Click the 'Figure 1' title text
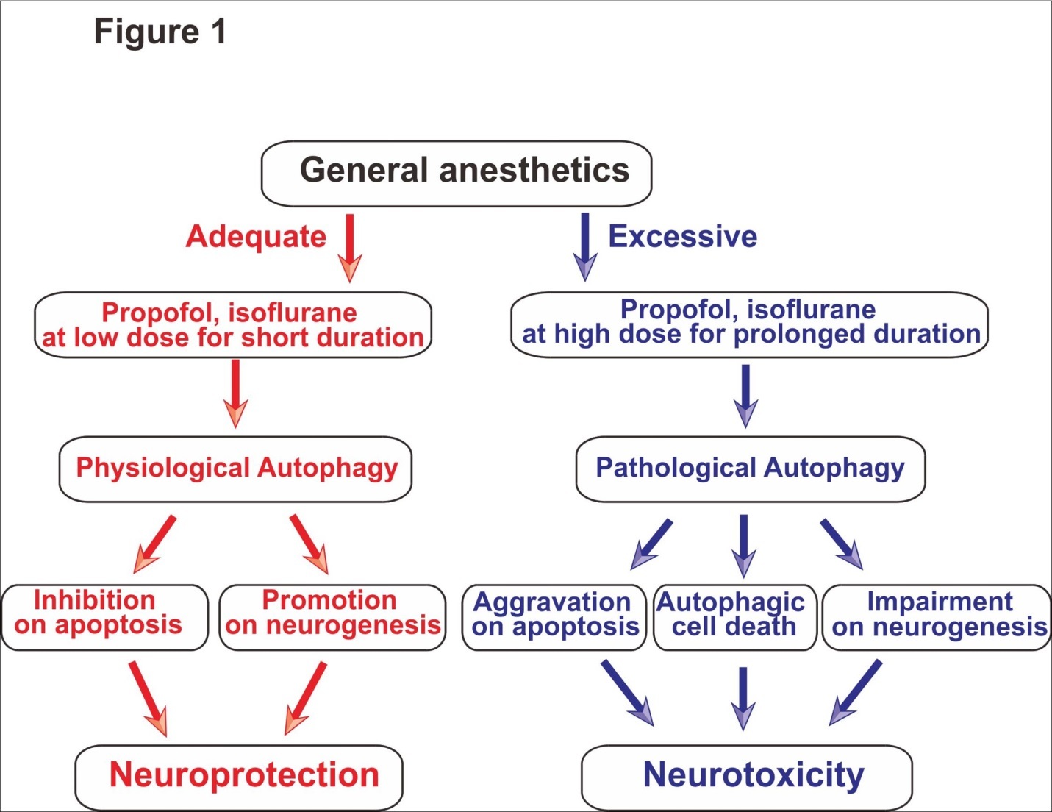coord(160,32)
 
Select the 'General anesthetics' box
coord(457,173)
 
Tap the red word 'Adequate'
coord(256,237)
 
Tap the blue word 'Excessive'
coord(682,237)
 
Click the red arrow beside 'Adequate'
coord(350,248)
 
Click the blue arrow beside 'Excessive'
coord(585,246)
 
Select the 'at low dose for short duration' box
coord(233,325)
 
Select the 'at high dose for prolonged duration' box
coord(749,324)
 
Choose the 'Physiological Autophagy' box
coord(235,469)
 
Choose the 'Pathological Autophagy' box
coord(750,469)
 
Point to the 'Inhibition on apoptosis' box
coord(104,617)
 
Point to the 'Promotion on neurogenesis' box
coord(332,617)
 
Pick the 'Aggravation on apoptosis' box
coord(554,617)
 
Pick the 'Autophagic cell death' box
coord(734,617)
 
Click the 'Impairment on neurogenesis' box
coord(937,617)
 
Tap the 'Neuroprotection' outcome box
coord(239,777)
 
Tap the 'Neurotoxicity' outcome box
coord(747,777)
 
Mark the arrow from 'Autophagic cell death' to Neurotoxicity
coord(743,697)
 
